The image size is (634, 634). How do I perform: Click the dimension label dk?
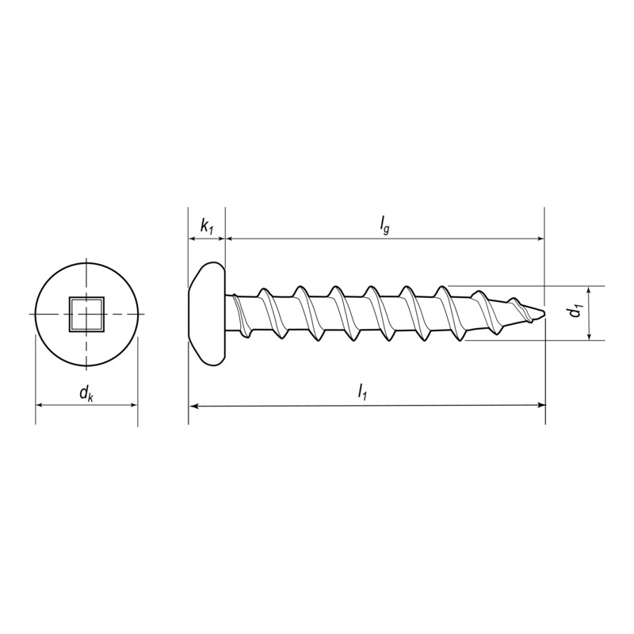pos(86,392)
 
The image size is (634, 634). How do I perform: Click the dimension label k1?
pos(206,227)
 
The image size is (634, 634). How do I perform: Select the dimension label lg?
pos(384,226)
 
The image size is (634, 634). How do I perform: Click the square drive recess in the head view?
pos(86,314)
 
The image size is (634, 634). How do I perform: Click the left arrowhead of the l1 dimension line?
pos(193,405)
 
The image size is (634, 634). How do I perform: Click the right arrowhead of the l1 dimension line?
pos(540,405)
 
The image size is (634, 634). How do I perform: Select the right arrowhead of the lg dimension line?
pos(540,238)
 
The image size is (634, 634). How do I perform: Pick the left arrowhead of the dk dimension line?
pos(40,405)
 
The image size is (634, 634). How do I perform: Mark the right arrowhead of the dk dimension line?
pos(132,405)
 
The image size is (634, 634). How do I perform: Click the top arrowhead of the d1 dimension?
pos(590,290)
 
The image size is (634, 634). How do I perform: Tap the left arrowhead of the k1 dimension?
pos(193,238)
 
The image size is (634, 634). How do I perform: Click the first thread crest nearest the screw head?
pos(265,292)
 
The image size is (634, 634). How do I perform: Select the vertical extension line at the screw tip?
pos(545,262)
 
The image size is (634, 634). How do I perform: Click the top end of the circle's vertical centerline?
pos(86,261)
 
